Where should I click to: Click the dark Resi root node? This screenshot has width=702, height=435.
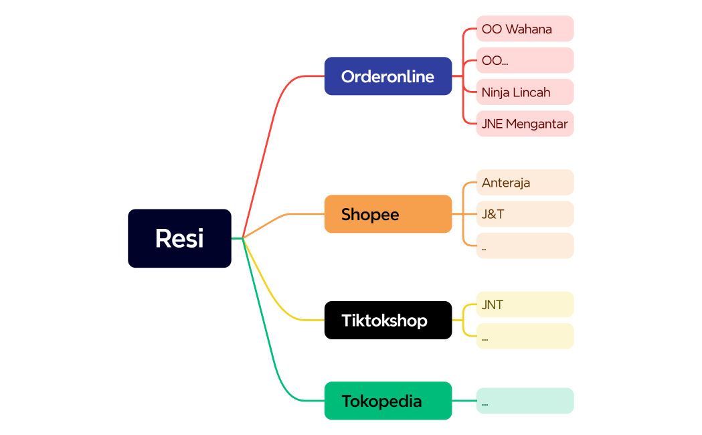(179, 238)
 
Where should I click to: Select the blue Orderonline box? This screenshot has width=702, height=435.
(387, 76)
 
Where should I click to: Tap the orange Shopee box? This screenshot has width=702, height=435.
(387, 214)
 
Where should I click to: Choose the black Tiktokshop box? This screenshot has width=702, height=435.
(387, 320)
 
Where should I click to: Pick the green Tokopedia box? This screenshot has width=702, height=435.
(387, 401)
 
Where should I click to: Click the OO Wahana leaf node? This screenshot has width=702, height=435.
(525, 29)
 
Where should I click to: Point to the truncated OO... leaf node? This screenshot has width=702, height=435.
(525, 60)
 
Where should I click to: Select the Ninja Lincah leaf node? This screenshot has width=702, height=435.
(525, 92)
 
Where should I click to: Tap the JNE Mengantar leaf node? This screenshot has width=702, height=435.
(525, 124)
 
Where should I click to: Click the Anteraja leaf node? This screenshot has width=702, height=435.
(525, 183)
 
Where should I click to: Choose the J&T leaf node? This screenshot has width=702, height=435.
(525, 214)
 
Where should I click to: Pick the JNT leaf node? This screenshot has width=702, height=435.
(525, 304)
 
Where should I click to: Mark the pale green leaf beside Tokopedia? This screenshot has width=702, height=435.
(525, 401)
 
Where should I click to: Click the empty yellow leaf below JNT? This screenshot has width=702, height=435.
(525, 336)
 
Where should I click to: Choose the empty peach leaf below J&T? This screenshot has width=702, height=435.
(525, 246)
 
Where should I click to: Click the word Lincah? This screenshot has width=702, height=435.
(533, 92)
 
